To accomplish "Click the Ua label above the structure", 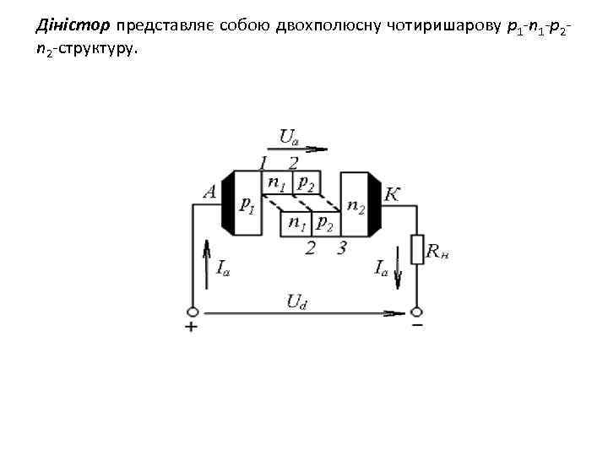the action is click(x=288, y=136).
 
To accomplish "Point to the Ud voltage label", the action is click(x=296, y=301).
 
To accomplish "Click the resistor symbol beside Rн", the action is click(x=416, y=250).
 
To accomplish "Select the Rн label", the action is click(x=437, y=251).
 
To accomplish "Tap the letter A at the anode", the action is click(x=210, y=193).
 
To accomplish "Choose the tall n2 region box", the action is click(x=355, y=204).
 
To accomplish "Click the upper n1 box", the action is click(x=277, y=182).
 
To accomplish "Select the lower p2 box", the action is click(x=324, y=223).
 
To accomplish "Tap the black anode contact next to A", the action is click(x=227, y=203).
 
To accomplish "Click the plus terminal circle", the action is click(x=193, y=312).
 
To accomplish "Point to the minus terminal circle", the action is click(x=416, y=312).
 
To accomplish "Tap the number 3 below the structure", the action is click(x=341, y=248).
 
